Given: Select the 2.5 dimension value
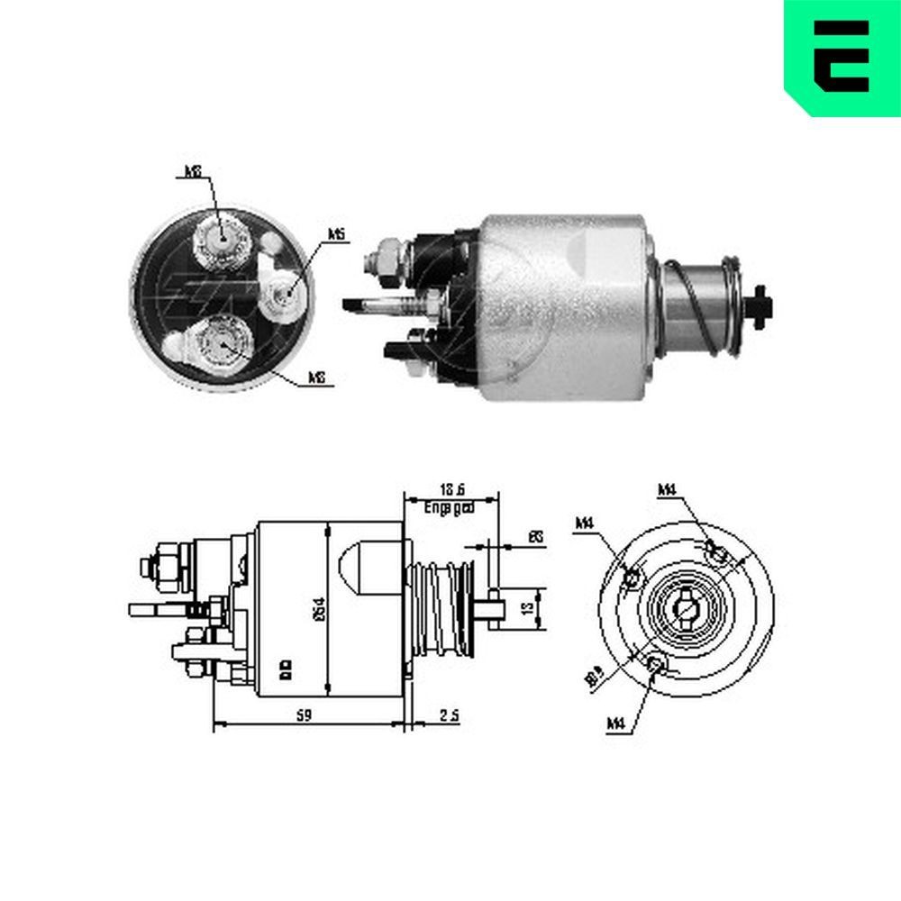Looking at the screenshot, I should tap(450, 715).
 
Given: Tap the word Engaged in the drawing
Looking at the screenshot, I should tap(450, 508).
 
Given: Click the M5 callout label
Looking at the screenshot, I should tap(337, 234).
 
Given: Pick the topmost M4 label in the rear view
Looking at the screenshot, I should tap(667, 489).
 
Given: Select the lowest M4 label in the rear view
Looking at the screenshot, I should tap(616, 722).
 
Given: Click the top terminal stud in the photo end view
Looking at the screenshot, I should tap(220, 239).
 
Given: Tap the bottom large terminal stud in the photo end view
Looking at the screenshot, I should tap(219, 341).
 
